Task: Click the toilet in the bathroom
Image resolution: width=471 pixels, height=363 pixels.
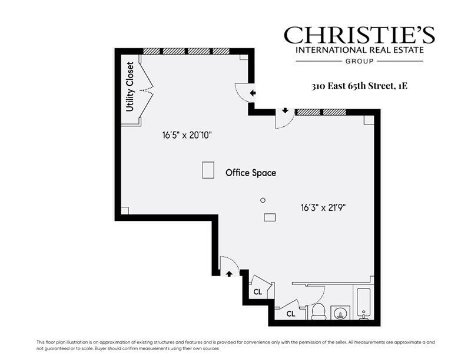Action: [x=319, y=311]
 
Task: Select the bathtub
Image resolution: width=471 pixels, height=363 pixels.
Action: [x=363, y=302]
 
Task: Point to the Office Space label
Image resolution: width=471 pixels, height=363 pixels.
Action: [x=251, y=173]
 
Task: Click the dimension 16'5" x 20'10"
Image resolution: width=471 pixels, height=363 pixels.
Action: [x=187, y=135]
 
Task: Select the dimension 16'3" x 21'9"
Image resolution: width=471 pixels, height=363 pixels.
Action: [x=324, y=207]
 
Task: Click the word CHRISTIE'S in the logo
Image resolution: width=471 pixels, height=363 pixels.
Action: [x=359, y=35]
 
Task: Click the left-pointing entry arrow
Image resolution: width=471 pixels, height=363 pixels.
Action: [x=253, y=93]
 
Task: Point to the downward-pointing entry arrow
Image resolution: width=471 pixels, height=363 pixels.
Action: [x=286, y=110]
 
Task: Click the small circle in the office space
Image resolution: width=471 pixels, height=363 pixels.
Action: [x=263, y=200]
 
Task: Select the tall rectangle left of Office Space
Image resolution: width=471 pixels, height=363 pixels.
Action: [x=208, y=170]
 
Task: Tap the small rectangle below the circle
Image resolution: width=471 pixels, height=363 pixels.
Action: [x=270, y=217]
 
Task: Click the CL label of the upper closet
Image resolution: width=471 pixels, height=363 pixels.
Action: [x=258, y=292]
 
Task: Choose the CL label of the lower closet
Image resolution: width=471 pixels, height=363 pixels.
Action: [x=291, y=314]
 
